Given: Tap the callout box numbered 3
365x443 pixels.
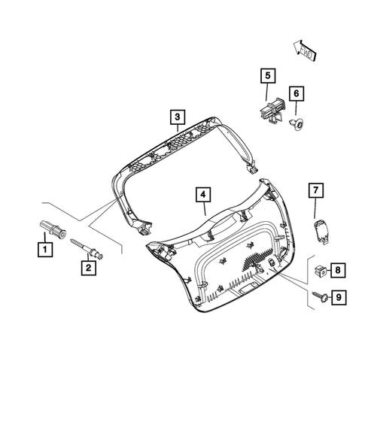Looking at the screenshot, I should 176,117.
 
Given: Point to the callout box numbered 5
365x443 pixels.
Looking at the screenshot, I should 266,76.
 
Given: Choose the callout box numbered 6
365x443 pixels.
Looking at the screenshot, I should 297,93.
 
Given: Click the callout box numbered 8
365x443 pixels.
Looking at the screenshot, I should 338,269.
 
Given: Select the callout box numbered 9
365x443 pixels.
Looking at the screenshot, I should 338,299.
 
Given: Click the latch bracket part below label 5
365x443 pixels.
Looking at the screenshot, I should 272,112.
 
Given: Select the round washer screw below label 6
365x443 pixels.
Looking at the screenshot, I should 298,122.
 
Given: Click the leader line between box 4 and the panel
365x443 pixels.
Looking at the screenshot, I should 204,210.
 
